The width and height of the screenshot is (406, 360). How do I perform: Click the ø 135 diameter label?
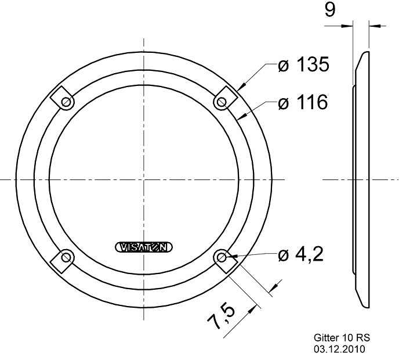point(303,64)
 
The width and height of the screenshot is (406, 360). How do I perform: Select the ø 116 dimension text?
point(303,102)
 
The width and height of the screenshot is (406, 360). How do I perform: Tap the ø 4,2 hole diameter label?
point(300,254)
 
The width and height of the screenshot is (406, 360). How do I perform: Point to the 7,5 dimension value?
point(222,316)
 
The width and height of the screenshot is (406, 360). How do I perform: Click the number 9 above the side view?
point(330,10)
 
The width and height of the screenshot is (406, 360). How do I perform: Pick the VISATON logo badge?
point(144,247)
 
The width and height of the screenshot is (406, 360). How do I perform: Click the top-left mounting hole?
point(66,102)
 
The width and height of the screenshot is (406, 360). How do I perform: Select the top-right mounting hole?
point(222,102)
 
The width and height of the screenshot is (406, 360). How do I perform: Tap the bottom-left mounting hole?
point(66,258)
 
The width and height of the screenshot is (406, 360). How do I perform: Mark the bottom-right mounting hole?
point(222,258)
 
